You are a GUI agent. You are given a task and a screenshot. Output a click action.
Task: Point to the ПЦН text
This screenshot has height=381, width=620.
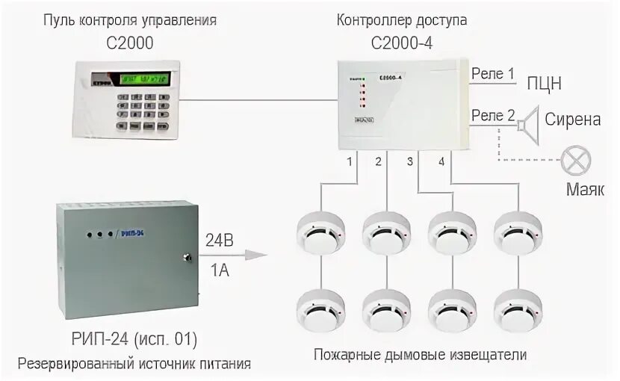click(x=545, y=83)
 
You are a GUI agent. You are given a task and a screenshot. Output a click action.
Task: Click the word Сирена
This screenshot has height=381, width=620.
click(x=573, y=120)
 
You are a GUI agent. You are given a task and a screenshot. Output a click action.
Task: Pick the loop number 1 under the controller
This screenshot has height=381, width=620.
click(x=349, y=161)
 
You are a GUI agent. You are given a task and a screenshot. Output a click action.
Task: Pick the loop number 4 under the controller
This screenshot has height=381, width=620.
click(x=441, y=161)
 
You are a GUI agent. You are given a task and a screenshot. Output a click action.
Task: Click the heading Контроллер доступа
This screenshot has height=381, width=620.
click(x=403, y=20)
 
